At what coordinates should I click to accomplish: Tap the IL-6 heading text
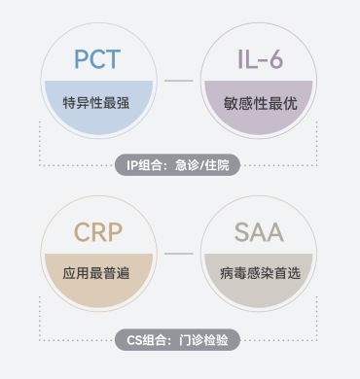[260, 59]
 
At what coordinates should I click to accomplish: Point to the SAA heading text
[260, 233]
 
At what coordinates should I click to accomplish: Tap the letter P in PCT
[81, 59]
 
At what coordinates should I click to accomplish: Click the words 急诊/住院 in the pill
[207, 164]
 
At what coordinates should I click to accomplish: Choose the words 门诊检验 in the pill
[205, 339]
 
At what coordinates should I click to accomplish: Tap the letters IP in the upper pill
[133, 164]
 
